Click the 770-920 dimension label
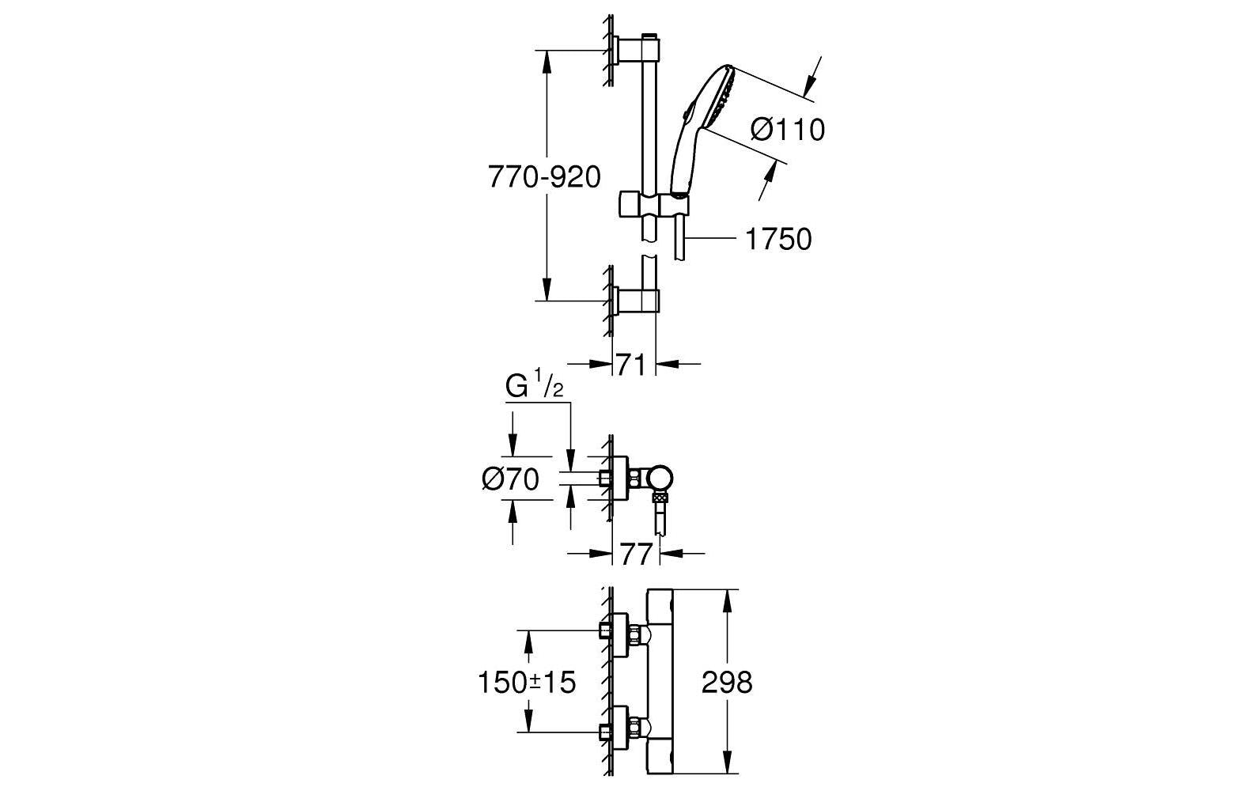pyautogui.click(x=544, y=176)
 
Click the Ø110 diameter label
pyautogui.click(x=786, y=129)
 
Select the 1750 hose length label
pyautogui.click(x=778, y=238)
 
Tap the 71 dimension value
pyautogui.click(x=631, y=365)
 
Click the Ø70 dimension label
pyautogui.click(x=510, y=479)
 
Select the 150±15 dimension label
pyautogui.click(x=527, y=681)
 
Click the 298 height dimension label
pyautogui.click(x=727, y=682)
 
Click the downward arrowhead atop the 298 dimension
pyautogui.click(x=727, y=599)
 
